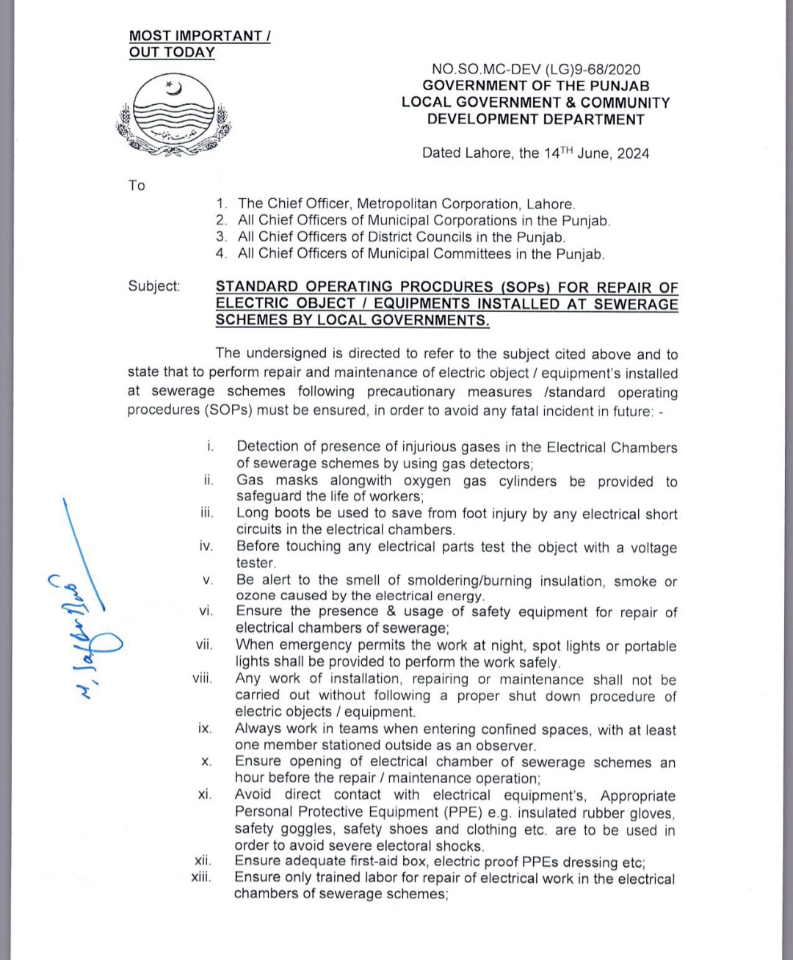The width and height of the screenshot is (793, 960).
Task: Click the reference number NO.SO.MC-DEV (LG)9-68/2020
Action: [536, 69]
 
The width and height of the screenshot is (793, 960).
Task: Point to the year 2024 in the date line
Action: [633, 153]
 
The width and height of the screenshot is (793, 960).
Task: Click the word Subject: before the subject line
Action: [153, 286]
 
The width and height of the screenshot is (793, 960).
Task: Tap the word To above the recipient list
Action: [137, 186]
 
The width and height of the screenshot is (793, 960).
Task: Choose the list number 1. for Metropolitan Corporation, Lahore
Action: [221, 204]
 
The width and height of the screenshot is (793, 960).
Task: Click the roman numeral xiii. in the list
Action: [200, 877]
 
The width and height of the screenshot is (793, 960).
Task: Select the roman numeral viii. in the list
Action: [202, 678]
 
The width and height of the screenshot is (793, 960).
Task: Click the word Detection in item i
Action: [269, 446]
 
